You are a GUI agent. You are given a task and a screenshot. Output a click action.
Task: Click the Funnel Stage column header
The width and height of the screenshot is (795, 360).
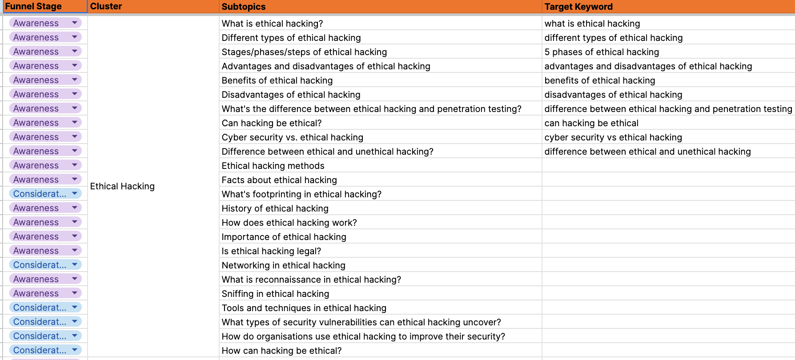33,6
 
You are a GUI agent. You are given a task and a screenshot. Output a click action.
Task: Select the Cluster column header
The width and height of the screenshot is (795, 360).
106,6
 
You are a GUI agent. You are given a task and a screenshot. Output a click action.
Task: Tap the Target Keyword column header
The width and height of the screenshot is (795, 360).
578,7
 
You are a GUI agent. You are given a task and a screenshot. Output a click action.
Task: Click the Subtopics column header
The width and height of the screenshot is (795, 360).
244,7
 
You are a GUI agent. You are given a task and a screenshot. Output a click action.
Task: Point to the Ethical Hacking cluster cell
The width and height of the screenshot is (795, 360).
122,186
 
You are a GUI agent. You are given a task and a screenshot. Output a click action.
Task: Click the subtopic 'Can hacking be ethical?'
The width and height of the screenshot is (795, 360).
271,123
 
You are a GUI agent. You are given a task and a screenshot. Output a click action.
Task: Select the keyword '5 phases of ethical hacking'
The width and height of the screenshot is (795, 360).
602,52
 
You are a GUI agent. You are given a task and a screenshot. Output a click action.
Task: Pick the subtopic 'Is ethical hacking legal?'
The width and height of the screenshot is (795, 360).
271,251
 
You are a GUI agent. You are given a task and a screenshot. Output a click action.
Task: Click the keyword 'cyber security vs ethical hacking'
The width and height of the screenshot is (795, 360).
613,137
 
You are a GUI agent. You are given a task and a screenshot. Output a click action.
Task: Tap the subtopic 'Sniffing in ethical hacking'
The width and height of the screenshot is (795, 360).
275,294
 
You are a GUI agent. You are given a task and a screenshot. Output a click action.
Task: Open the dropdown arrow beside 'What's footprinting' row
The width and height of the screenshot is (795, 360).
75,193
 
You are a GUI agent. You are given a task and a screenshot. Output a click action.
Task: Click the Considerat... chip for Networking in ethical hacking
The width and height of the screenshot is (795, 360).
40,265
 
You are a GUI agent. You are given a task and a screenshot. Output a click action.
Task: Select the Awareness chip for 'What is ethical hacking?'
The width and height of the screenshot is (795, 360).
36,23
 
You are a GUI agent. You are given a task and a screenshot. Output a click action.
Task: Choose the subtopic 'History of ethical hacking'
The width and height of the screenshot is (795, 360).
275,208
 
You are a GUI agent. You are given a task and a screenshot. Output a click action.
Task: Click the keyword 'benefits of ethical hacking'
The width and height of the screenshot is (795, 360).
600,80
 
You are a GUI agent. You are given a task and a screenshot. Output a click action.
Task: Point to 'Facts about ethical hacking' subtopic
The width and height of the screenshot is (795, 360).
279,180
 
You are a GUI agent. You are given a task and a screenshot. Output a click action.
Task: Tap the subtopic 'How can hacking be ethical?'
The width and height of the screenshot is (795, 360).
281,351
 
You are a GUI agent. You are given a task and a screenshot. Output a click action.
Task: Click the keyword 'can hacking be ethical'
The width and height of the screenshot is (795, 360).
591,123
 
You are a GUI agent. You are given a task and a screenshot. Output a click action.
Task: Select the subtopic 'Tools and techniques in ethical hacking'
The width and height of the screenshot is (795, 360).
304,308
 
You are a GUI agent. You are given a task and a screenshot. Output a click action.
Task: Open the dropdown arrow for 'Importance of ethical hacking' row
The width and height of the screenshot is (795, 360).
75,236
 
